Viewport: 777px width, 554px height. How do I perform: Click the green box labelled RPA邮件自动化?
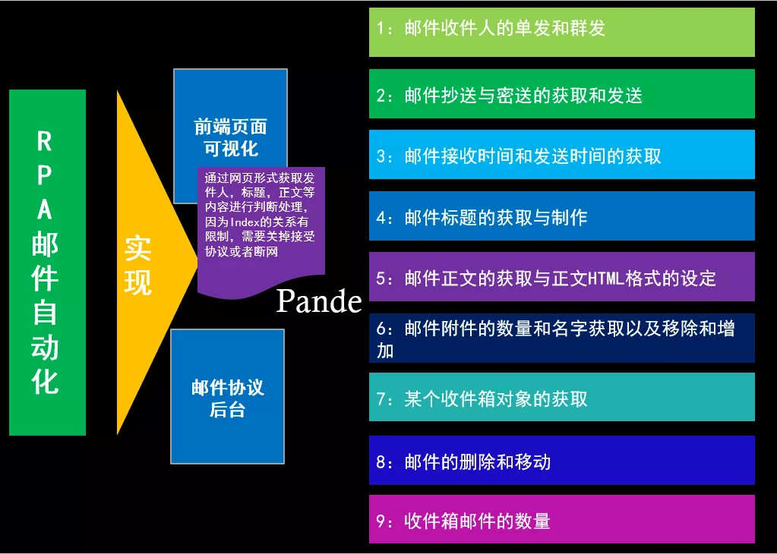[48, 263]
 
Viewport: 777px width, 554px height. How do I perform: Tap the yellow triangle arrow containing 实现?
[149, 263]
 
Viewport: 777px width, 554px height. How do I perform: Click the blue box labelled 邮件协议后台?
[227, 397]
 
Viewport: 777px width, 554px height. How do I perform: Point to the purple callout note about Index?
[261, 230]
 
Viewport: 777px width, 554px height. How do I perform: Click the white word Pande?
[319, 301]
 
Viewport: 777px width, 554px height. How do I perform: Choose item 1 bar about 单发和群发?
[562, 32]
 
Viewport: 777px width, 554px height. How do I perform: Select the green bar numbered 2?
[562, 93]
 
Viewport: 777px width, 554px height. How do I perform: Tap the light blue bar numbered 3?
[562, 155]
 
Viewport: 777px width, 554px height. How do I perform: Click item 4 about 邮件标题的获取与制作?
[562, 216]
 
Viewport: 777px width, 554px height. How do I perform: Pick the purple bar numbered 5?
[562, 277]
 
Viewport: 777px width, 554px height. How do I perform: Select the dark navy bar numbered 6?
[562, 338]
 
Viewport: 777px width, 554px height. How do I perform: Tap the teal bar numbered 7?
[562, 397]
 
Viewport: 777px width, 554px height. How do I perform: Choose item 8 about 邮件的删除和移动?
[562, 460]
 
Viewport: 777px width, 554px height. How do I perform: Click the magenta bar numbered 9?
[562, 519]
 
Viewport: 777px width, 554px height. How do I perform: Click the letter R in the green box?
[45, 142]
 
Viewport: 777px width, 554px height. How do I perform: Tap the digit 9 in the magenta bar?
[381, 521]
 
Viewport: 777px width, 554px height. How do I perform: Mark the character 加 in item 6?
[385, 351]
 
